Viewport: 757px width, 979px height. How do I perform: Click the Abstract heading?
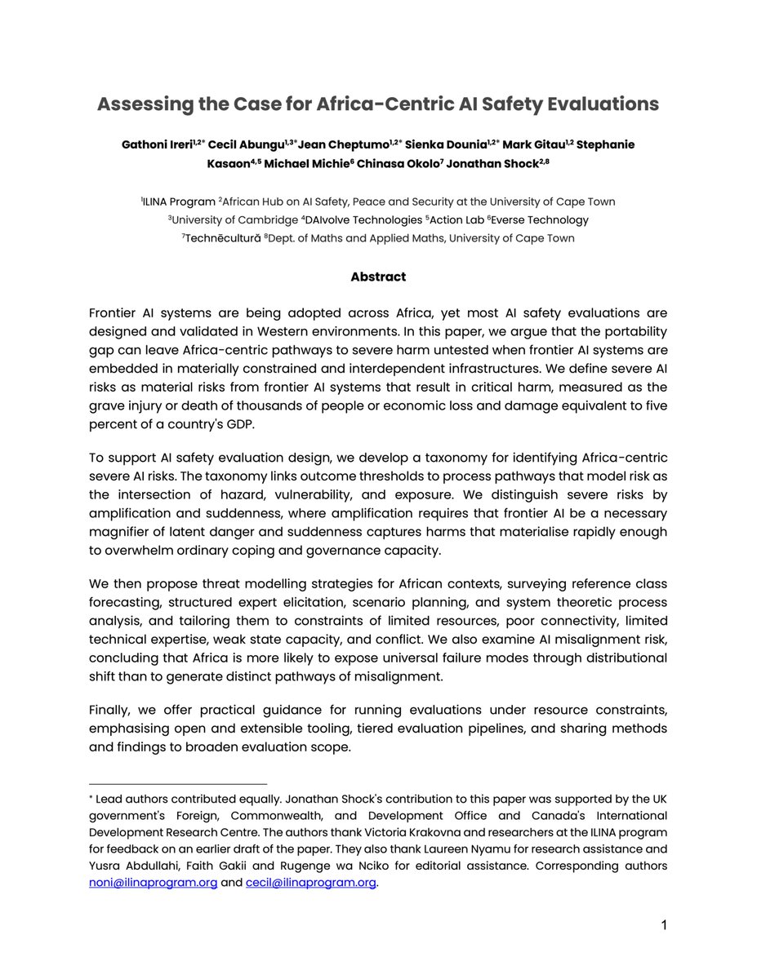point(378,277)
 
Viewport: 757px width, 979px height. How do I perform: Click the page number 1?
point(664,925)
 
